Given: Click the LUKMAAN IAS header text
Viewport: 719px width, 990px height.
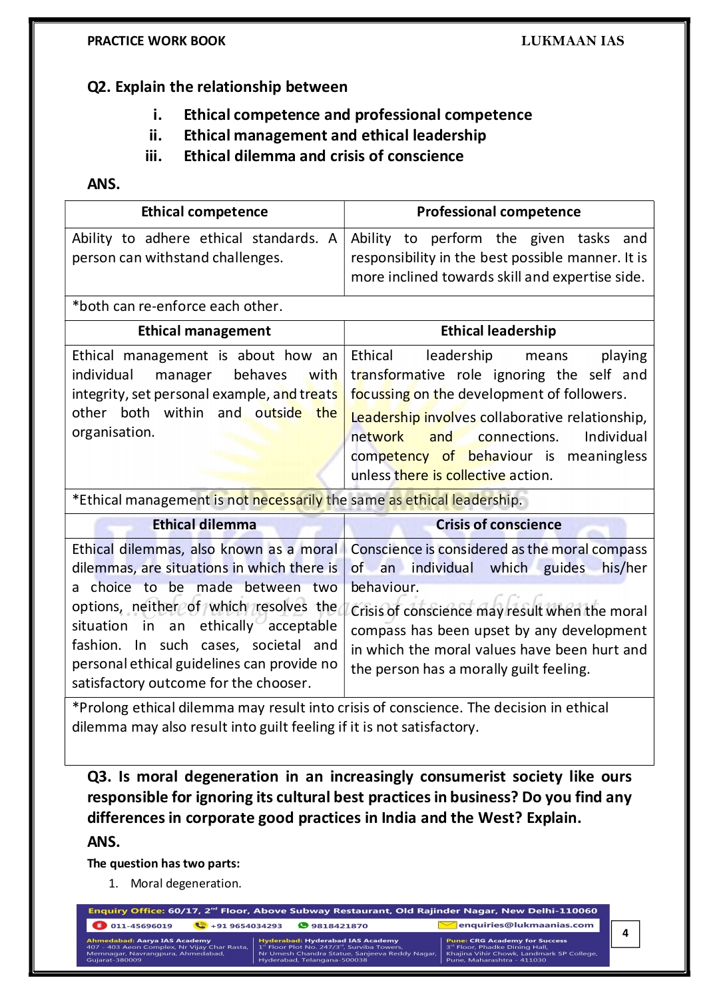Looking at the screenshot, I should coord(572,41).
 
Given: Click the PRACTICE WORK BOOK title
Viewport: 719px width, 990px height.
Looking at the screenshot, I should coord(156,41).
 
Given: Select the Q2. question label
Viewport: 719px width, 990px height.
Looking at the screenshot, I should coord(99,87).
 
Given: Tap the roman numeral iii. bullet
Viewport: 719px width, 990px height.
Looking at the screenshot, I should coord(154,156).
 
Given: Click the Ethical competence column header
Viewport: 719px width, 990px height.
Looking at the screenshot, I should coord(204,212).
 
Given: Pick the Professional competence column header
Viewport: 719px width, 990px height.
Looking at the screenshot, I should coord(499,212).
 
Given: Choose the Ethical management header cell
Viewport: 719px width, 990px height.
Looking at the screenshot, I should coord(204,332).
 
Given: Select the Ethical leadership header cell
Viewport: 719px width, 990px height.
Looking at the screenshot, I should coord(499,332).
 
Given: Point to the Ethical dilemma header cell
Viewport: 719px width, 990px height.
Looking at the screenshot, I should coord(204,525).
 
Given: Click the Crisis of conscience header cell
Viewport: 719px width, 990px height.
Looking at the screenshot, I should coord(499,525).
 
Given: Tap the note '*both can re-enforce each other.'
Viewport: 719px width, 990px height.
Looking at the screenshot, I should coord(177,307).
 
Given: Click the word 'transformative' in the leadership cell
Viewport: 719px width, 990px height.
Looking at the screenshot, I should coord(397,375).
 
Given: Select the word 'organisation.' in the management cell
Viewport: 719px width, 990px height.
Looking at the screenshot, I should coord(113,433).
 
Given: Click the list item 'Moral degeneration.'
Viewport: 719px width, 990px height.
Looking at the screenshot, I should coord(186,883).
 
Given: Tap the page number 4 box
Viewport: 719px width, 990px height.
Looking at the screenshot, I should coord(625,933).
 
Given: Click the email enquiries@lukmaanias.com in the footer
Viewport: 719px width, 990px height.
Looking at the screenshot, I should coord(525,925).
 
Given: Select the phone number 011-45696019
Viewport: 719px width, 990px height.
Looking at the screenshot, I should coord(141,925).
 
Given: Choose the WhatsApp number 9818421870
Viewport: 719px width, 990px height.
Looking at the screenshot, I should coord(339,925).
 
